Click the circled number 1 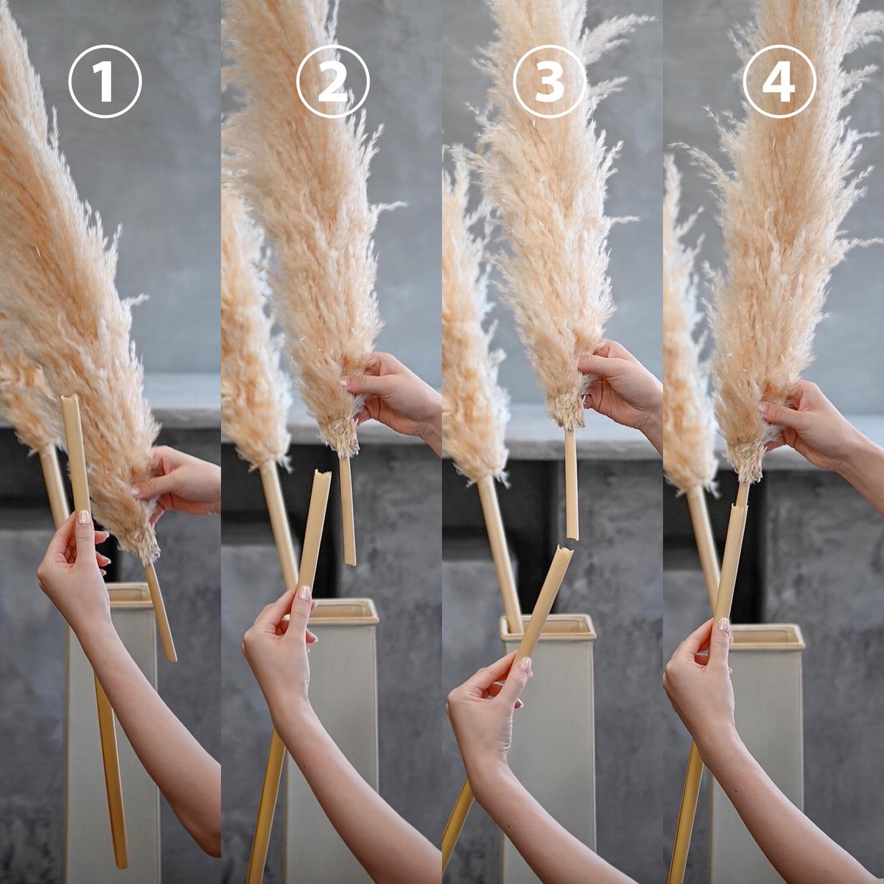[x=105, y=82]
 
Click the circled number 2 [x=332, y=82]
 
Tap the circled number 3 [x=550, y=82]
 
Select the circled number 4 [x=779, y=82]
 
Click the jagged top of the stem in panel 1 [x=69, y=399]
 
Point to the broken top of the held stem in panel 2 [x=323, y=474]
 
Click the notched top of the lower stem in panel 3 [x=565, y=550]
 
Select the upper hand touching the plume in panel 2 [x=390, y=395]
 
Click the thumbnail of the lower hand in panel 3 [x=525, y=664]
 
